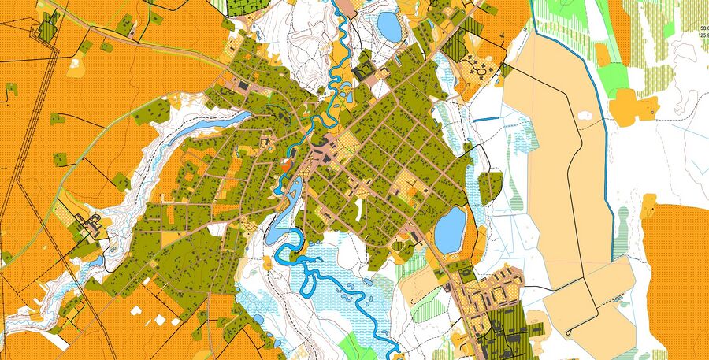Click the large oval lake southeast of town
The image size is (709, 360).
coord(450,229)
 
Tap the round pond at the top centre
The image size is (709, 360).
coord(389,25)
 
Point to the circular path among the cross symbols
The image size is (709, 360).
coord(481,73)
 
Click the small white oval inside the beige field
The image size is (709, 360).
coord(585,116)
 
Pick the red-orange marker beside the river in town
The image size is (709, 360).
coord(285,166)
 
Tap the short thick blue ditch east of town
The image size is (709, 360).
coord(485,120)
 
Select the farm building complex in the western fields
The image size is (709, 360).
coord(88,224)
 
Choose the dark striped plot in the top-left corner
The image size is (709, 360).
coord(49,28)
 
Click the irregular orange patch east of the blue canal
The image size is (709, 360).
coord(627,106)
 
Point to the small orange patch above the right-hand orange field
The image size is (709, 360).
coord(648,206)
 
